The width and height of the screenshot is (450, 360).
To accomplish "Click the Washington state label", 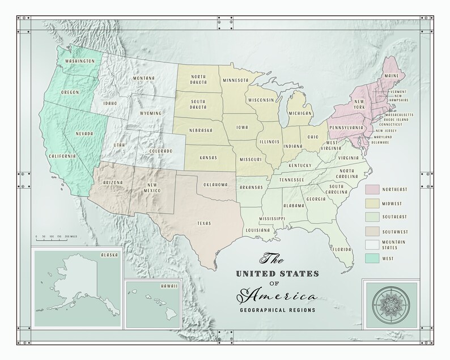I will click(79, 61).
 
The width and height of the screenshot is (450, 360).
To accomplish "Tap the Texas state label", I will click(203, 223).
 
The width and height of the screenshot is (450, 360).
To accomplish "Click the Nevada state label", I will click(84, 134).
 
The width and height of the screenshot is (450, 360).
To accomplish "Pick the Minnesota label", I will click(235, 80).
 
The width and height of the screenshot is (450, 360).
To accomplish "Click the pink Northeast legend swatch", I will click(373, 188).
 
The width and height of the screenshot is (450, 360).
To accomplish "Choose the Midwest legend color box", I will click(373, 202).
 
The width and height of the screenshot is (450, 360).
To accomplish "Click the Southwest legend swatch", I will click(373, 231).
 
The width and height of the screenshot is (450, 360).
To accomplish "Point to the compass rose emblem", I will click(390, 304).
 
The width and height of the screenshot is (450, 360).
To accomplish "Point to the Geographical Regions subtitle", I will click(278, 310).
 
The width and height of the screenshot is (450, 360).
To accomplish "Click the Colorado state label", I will click(161, 151).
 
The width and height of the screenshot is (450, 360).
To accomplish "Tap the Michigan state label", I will click(300, 113).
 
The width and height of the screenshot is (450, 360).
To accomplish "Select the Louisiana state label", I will click(257, 230).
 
